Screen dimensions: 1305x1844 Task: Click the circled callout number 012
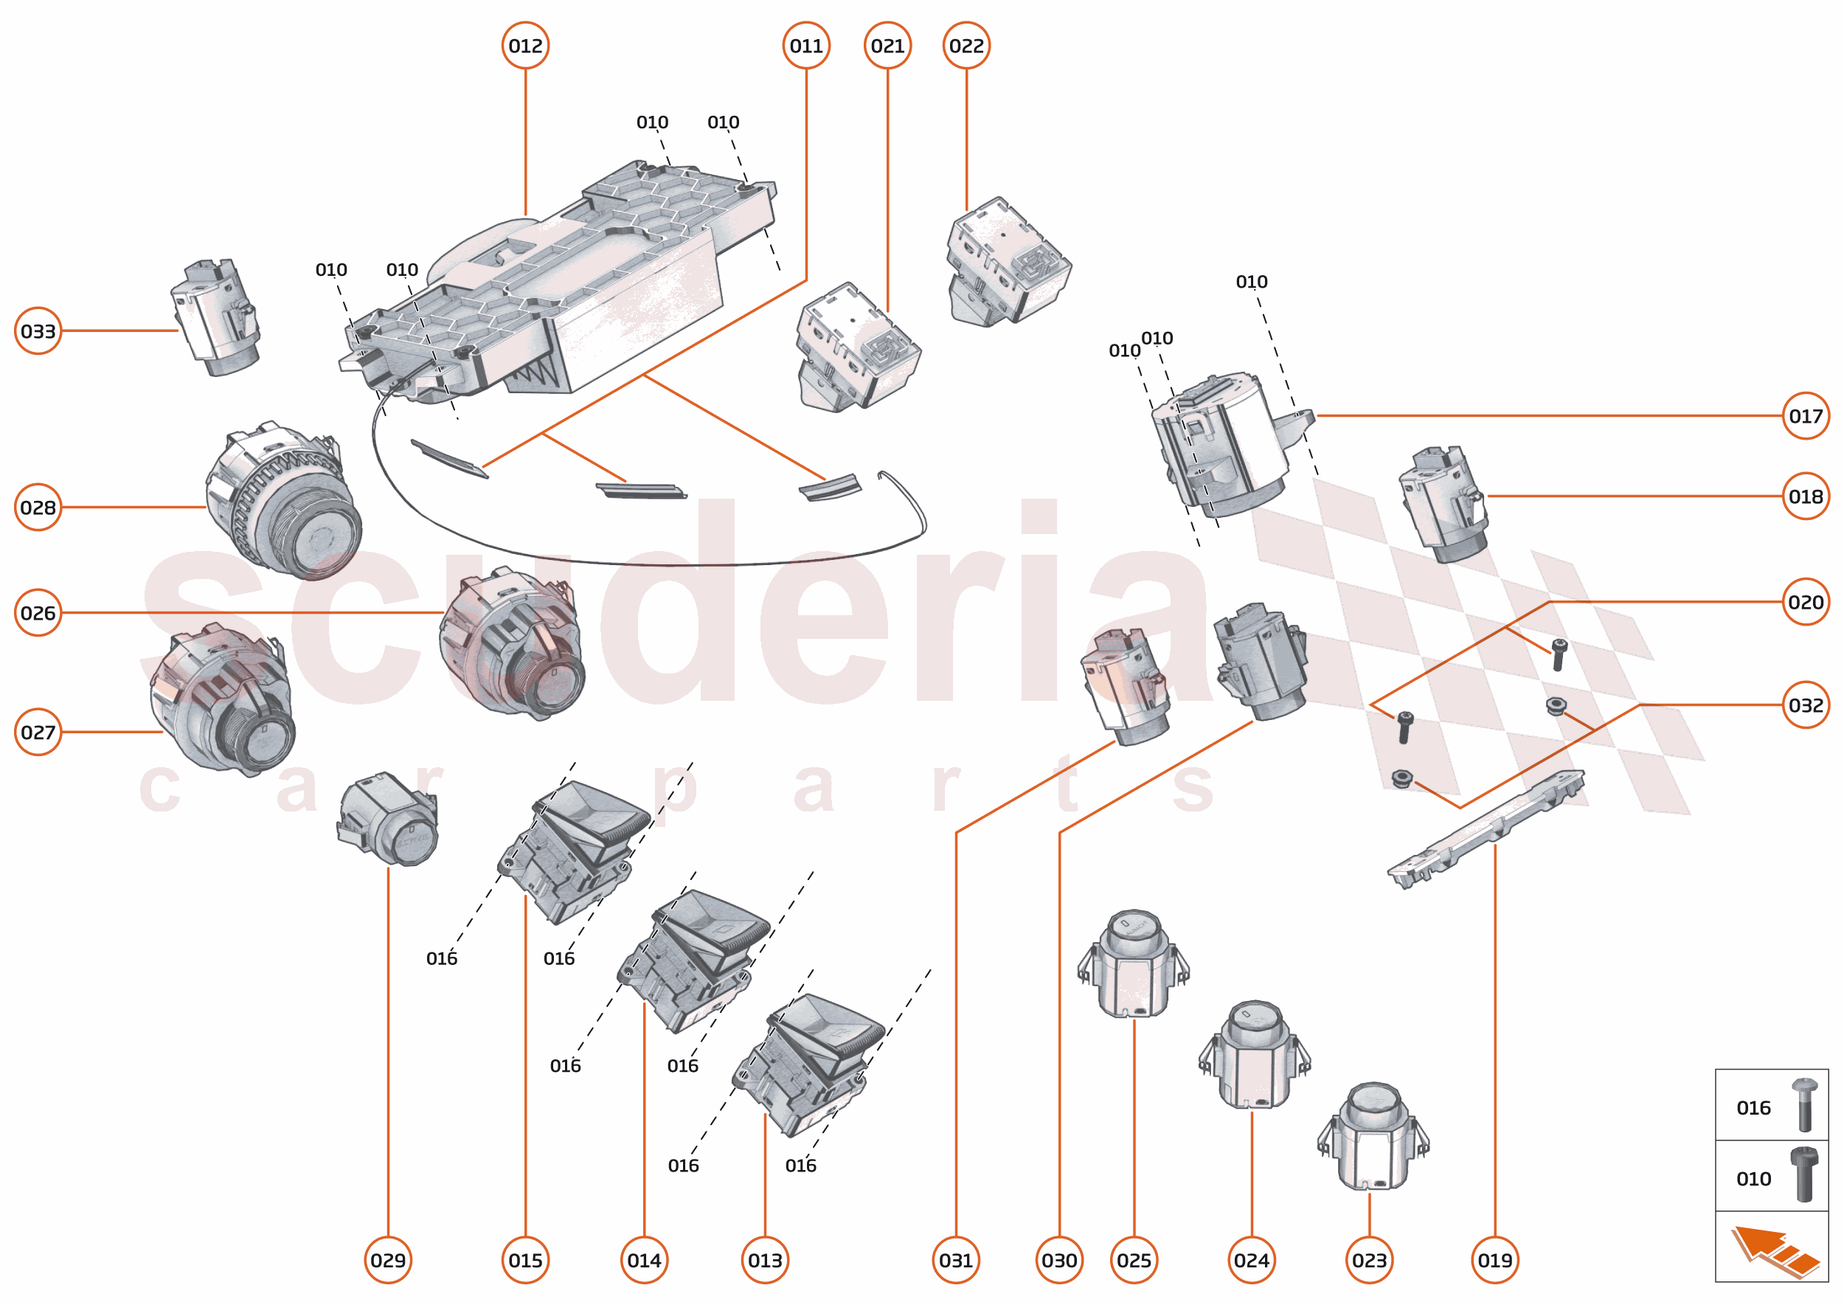[524, 46]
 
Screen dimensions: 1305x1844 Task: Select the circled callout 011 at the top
[806, 46]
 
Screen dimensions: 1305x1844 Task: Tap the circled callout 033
[38, 330]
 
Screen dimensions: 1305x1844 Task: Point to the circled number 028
[38, 507]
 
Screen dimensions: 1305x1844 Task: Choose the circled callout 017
[1805, 415]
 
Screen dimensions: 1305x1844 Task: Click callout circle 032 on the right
[1805, 705]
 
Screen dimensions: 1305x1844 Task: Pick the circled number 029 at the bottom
[387, 1259]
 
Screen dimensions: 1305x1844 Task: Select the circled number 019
[1494, 1259]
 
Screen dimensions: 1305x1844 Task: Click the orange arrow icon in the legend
[1773, 1248]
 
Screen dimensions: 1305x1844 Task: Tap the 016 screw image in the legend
[1804, 1105]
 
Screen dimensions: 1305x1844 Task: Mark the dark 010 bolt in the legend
[1804, 1175]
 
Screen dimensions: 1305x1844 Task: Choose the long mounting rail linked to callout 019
[1486, 828]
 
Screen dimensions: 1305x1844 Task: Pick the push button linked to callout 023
[1371, 1135]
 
